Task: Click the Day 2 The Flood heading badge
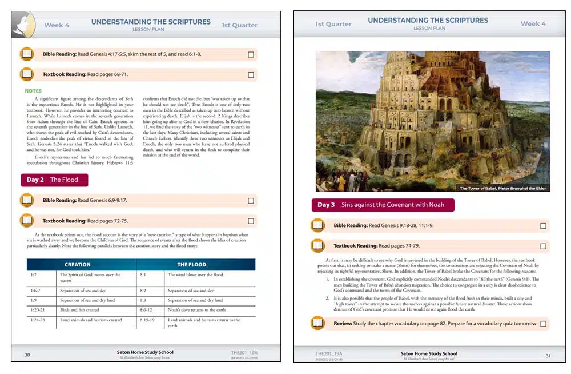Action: coord(54,180)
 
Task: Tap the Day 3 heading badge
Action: coord(383,205)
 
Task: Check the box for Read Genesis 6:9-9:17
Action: coord(251,201)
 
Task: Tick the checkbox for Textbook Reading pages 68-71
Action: coord(251,75)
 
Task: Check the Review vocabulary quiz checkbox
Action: coord(543,324)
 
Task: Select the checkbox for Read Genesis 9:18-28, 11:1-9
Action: coord(543,226)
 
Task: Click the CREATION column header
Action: coord(78,265)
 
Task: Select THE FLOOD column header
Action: coord(192,265)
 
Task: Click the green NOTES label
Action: coord(33,91)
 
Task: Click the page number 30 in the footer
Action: coord(27,355)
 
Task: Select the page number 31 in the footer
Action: coord(548,356)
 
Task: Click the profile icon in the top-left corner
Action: coord(23,25)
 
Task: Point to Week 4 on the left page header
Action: coord(57,25)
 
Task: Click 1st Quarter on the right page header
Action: coord(333,24)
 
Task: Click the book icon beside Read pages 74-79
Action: coord(317,246)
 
